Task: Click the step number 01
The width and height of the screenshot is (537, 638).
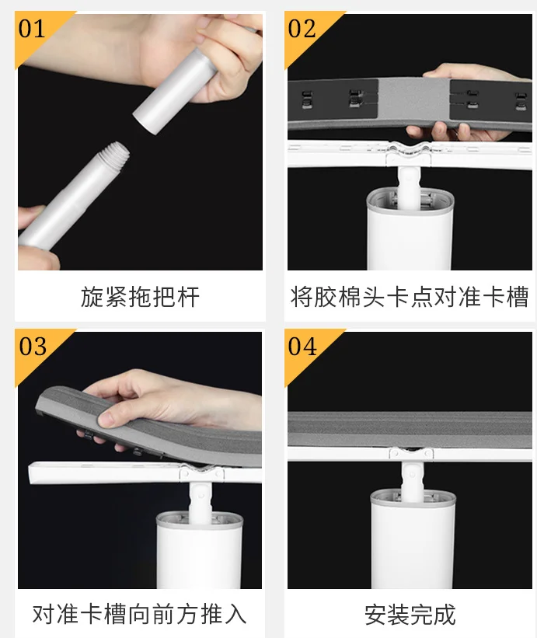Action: pos(32,29)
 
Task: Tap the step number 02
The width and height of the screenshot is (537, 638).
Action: pos(302,29)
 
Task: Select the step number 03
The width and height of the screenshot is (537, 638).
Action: pos(33,347)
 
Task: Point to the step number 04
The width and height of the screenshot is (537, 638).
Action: pos(302,347)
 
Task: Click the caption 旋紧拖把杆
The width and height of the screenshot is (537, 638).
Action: pos(140,297)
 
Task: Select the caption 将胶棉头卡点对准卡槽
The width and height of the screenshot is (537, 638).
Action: pos(410,297)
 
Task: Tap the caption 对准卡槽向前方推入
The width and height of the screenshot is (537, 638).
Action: pos(140,614)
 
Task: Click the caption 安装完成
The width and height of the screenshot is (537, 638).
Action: pos(410,615)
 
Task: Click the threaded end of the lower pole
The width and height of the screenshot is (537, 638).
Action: pos(117,152)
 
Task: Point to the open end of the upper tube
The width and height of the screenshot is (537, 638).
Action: pos(145,121)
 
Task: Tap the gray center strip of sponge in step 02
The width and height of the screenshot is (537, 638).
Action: pos(414,99)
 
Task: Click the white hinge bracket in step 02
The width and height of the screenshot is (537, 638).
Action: pos(409,154)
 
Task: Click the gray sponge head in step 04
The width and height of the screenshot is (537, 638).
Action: pos(410,429)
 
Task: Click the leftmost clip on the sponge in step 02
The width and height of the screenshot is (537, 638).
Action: pos(307,99)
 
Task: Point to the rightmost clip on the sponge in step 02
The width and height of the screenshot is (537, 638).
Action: pos(521,101)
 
